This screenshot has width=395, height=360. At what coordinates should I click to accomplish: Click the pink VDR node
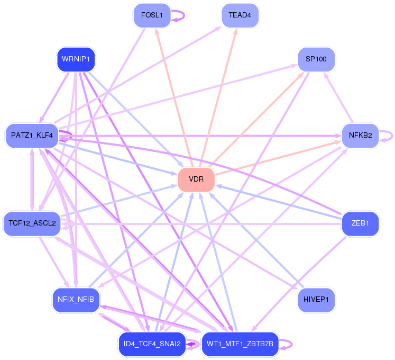196,179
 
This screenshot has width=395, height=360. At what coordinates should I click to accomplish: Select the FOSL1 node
152,15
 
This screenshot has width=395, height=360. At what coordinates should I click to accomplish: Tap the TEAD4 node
240,15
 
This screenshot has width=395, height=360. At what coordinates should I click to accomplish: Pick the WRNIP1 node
76,59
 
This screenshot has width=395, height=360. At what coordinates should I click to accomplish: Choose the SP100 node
316,59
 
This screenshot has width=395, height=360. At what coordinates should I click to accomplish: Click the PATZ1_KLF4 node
32,136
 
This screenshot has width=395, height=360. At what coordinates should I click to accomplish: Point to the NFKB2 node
360,136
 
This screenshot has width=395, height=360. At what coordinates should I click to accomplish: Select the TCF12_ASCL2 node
32,223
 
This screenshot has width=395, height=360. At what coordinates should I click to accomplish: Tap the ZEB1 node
360,223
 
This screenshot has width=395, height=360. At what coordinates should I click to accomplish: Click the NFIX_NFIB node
76,300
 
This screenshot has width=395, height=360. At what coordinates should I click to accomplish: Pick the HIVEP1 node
316,300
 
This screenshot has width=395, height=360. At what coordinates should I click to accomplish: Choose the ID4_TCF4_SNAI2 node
152,344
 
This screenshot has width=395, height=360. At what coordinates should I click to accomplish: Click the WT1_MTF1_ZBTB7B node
240,344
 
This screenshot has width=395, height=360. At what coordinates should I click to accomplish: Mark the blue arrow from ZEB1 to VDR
278,202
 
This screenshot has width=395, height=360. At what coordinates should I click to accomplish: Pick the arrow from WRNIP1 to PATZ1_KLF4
54,97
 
